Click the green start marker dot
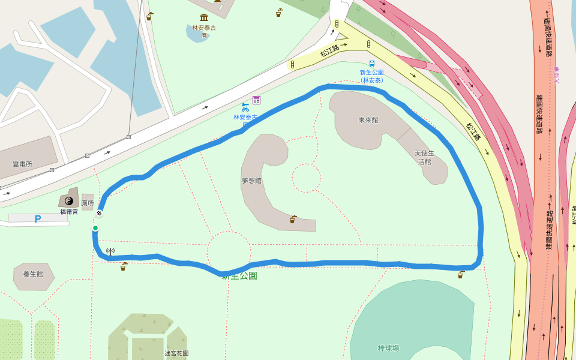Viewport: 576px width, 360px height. pos(95,228)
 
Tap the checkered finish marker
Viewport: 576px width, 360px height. pos(99,213)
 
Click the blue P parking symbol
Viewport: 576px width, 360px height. pos(38,219)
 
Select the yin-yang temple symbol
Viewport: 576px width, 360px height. pos(68,201)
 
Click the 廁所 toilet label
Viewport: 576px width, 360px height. pos(88,203)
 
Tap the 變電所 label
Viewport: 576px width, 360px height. pos(22,164)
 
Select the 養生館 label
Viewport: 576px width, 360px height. pos(32,274)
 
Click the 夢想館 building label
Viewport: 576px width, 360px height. pos(251,180)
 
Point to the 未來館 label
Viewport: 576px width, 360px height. pos(368,120)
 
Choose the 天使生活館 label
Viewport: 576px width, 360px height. pos(424,157)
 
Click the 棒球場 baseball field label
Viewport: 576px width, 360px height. pos(388,348)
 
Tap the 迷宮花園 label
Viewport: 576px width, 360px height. pos(176,353)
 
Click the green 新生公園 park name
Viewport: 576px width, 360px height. pos(239,276)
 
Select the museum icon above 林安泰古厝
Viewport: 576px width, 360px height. pos(204,17)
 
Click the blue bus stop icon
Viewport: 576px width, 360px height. pos(372,64)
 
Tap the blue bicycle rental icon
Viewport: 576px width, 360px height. pos(245,107)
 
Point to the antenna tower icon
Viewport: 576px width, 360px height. pos(110,251)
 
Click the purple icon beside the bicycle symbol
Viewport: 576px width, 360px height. pos(257,100)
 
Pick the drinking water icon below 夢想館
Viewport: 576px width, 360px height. pos(292,219)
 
